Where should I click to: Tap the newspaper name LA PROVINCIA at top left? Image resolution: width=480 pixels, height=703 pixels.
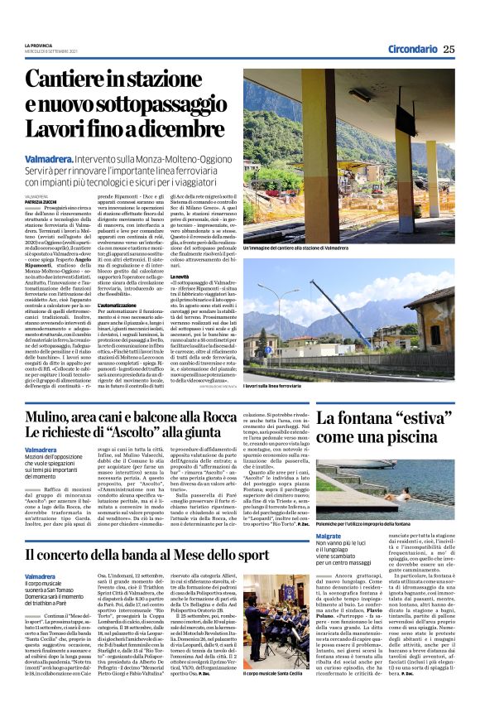[x=37, y=45]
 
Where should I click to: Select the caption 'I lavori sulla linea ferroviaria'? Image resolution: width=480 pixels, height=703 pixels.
[x=274, y=386]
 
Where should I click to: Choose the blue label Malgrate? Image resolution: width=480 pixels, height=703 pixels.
[x=329, y=536]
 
